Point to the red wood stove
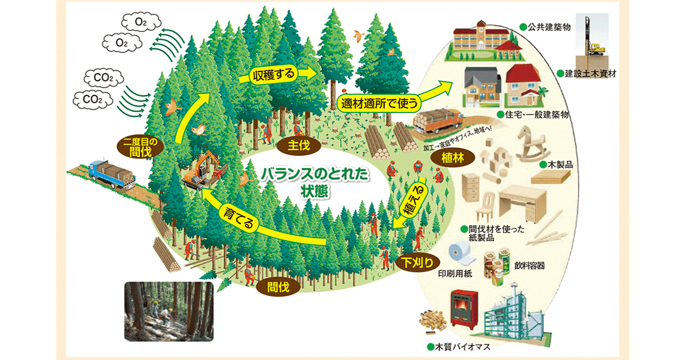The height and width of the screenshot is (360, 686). (463, 311)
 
